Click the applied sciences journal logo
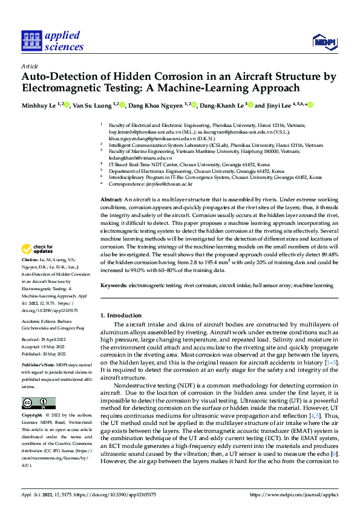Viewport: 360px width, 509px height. [x=51, y=41]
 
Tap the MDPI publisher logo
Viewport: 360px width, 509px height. [x=322, y=41]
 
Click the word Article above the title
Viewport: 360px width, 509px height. [x=30, y=66]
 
